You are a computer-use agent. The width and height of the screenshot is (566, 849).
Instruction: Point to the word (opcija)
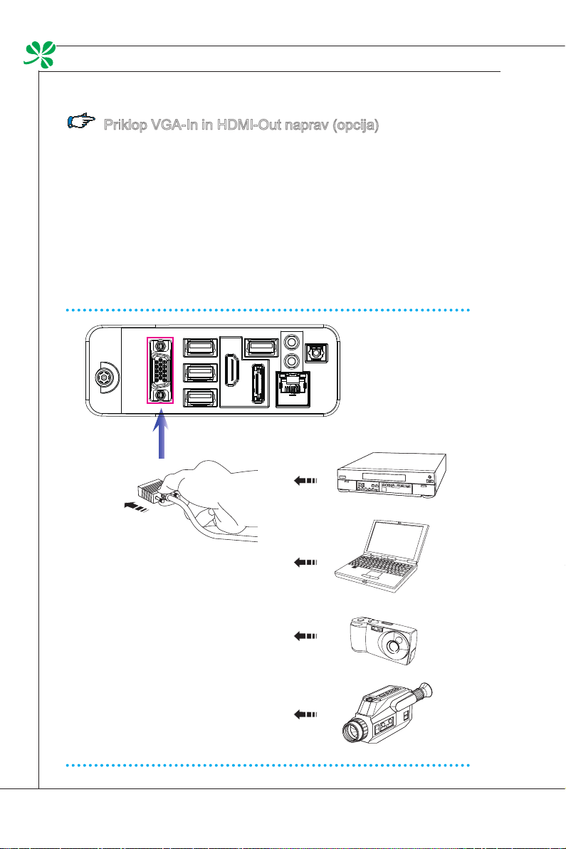tap(352, 126)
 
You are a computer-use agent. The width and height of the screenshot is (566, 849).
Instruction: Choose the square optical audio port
tap(314, 353)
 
